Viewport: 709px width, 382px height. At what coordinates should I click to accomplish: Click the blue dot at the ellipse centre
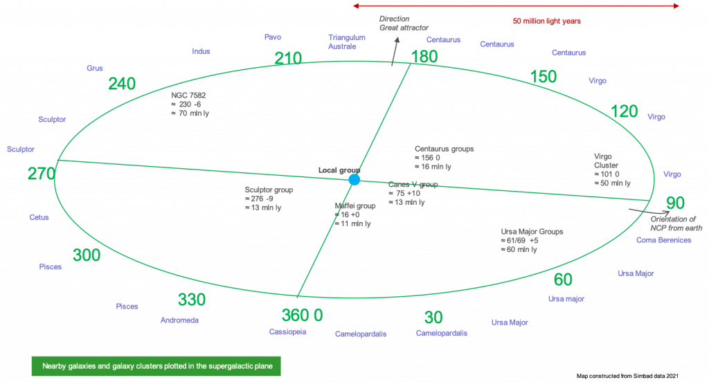tap(354, 180)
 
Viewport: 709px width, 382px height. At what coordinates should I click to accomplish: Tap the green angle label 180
tap(424, 57)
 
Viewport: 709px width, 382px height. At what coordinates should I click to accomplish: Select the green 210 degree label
tap(288, 59)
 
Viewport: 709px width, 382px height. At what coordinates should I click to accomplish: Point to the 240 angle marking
tap(122, 84)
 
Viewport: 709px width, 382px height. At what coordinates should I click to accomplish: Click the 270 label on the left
tap(41, 174)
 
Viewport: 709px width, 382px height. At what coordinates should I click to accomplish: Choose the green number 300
tap(87, 255)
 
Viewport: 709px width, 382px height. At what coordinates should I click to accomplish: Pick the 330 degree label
tap(192, 300)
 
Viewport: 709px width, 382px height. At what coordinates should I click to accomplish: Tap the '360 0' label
tap(303, 315)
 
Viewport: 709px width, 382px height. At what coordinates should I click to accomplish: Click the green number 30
tap(433, 318)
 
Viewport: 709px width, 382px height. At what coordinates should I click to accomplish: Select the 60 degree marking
tap(563, 280)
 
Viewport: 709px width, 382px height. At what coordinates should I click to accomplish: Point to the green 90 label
tap(675, 203)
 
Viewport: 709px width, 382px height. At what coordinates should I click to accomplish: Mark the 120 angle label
tap(625, 111)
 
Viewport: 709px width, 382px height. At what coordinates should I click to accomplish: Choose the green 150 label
tap(543, 76)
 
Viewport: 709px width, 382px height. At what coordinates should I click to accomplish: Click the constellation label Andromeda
tap(179, 321)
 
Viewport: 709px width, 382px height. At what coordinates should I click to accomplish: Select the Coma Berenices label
tap(663, 240)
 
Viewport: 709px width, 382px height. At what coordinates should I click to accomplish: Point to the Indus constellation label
tap(201, 51)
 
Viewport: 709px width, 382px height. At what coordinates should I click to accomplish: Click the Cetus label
tap(39, 217)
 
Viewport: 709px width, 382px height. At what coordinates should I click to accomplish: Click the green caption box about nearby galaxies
tap(156, 365)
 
